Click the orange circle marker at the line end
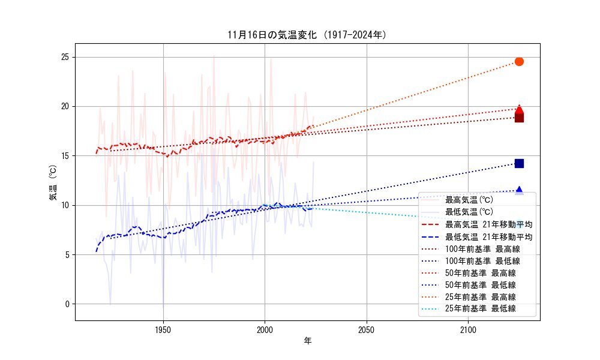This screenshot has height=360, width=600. [519, 61]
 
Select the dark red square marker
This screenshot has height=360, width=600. [519, 118]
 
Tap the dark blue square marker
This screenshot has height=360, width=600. [519, 163]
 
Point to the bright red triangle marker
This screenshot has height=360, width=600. [519, 109]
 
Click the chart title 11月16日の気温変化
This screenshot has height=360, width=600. [307, 34]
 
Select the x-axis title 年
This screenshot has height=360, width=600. [307, 341]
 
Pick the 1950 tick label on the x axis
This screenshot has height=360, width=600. [163, 329]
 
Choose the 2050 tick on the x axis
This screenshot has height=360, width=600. [366, 329]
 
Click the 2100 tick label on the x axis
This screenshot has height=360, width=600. [468, 329]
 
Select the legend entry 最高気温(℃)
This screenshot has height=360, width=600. [468, 200]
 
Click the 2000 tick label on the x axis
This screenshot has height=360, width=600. [265, 329]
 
